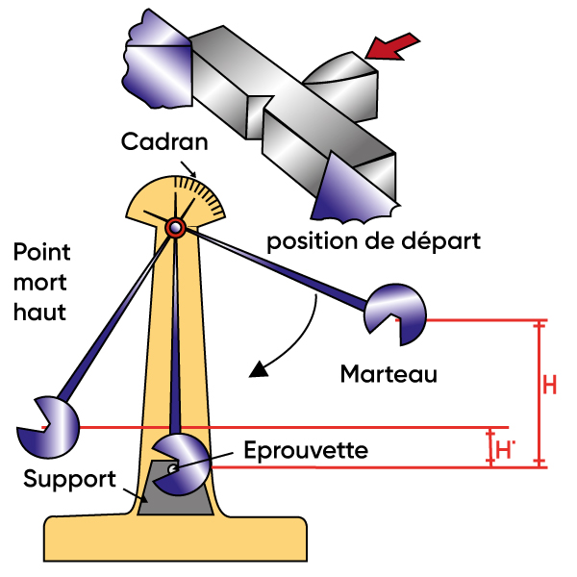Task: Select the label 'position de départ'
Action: pyautogui.click(x=373, y=239)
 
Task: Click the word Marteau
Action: pyautogui.click(x=389, y=374)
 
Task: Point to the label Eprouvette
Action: pyautogui.click(x=305, y=449)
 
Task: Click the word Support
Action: pyautogui.click(x=70, y=479)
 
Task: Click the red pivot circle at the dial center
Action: pyautogui.click(x=175, y=227)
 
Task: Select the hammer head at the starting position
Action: pyautogui.click(x=395, y=311)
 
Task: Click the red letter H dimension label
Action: pyautogui.click(x=550, y=386)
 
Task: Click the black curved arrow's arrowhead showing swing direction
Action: pyautogui.click(x=258, y=369)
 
